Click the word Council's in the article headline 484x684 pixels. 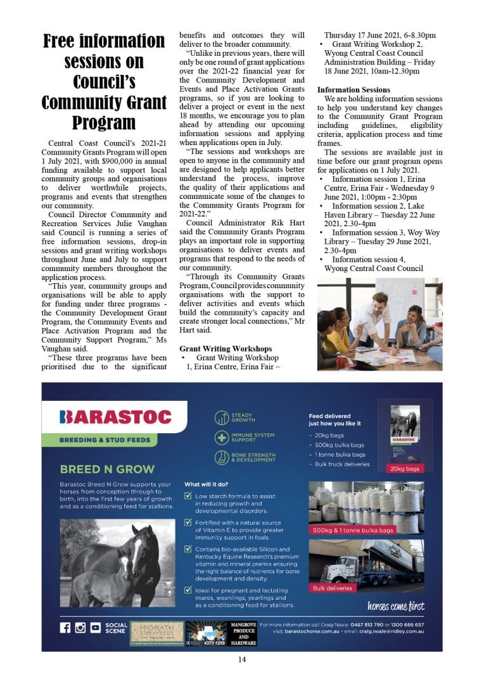pos(103,82)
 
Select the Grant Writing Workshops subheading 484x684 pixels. pos(226,348)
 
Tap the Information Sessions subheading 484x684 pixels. pos(353,90)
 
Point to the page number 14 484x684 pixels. pos(242,660)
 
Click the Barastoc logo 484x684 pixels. pos(115,417)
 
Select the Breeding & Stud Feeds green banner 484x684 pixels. pos(105,440)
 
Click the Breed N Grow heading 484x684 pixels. pos(107,469)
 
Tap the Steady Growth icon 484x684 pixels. pos(222,417)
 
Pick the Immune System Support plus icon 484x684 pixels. pos(222,437)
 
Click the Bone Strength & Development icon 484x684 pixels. pos(222,457)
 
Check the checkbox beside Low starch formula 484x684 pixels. pos(188,497)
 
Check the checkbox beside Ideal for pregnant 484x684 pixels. pos(188,590)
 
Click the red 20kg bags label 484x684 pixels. pos(405,468)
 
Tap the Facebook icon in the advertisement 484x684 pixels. pos(65,628)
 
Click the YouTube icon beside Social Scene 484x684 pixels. pos(95,628)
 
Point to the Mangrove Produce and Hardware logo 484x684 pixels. pos(243,633)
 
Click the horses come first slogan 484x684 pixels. pos(396,606)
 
